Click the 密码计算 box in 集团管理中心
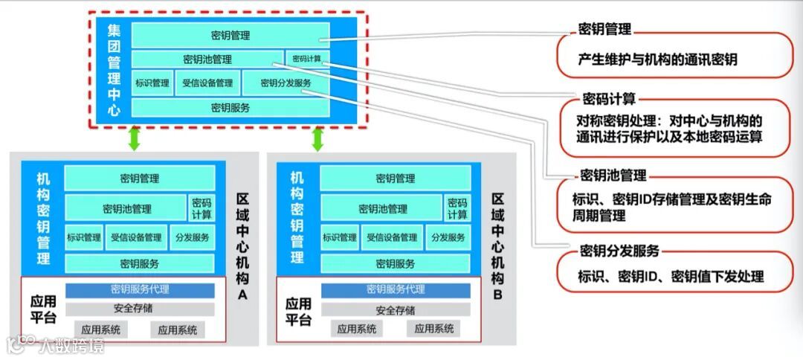306,59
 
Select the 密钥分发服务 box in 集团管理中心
286,83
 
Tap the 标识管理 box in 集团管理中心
152,83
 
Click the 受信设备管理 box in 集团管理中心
207,83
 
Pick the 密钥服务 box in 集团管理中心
230,108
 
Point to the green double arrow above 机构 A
135,138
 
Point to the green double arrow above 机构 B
317,138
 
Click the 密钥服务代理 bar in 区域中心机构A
140,290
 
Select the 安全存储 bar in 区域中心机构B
395,309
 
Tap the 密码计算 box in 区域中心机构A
201,208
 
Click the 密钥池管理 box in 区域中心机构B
382,209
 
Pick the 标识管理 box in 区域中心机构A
84,238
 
